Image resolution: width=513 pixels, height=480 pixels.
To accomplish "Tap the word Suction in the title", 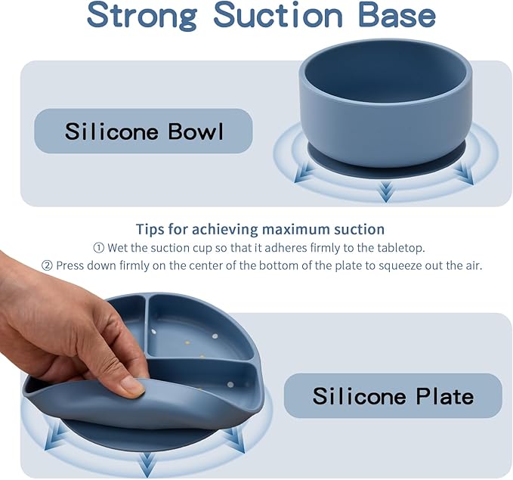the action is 278,15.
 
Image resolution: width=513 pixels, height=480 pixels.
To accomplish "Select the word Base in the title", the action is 397,15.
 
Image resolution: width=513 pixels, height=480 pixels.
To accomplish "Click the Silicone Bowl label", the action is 144,131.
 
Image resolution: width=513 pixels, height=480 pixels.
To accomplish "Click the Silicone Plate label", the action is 393,395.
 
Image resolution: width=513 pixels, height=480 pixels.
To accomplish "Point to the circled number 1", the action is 98,248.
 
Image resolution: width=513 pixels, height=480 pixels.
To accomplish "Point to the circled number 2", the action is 47,265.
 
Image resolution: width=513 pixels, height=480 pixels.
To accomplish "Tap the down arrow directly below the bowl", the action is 386,192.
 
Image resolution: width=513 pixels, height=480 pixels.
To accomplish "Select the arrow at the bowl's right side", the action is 465,174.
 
